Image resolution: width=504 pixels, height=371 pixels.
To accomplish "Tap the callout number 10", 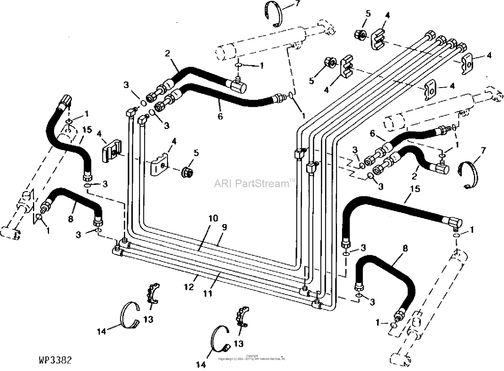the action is click(213, 218).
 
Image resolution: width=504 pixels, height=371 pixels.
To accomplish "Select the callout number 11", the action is click(207, 293).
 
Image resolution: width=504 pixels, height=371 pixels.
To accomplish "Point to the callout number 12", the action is click(188, 287).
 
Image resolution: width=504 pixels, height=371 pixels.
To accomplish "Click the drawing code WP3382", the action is click(55, 360).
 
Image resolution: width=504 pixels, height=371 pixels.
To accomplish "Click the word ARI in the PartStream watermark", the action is click(223, 183).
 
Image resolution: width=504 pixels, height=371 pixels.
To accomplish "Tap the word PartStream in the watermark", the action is click(262, 183).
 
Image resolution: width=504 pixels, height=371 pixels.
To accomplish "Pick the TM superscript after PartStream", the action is click(292, 180).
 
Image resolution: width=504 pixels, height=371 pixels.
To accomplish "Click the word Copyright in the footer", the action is click(252, 356).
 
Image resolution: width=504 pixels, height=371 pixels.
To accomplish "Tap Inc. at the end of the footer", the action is click(283, 359).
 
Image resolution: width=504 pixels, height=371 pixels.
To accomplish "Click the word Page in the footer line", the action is click(221, 359).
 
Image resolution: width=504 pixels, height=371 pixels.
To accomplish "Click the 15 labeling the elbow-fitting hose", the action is click(415, 189).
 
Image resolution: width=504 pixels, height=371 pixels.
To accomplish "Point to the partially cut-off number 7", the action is click(297, 3).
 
